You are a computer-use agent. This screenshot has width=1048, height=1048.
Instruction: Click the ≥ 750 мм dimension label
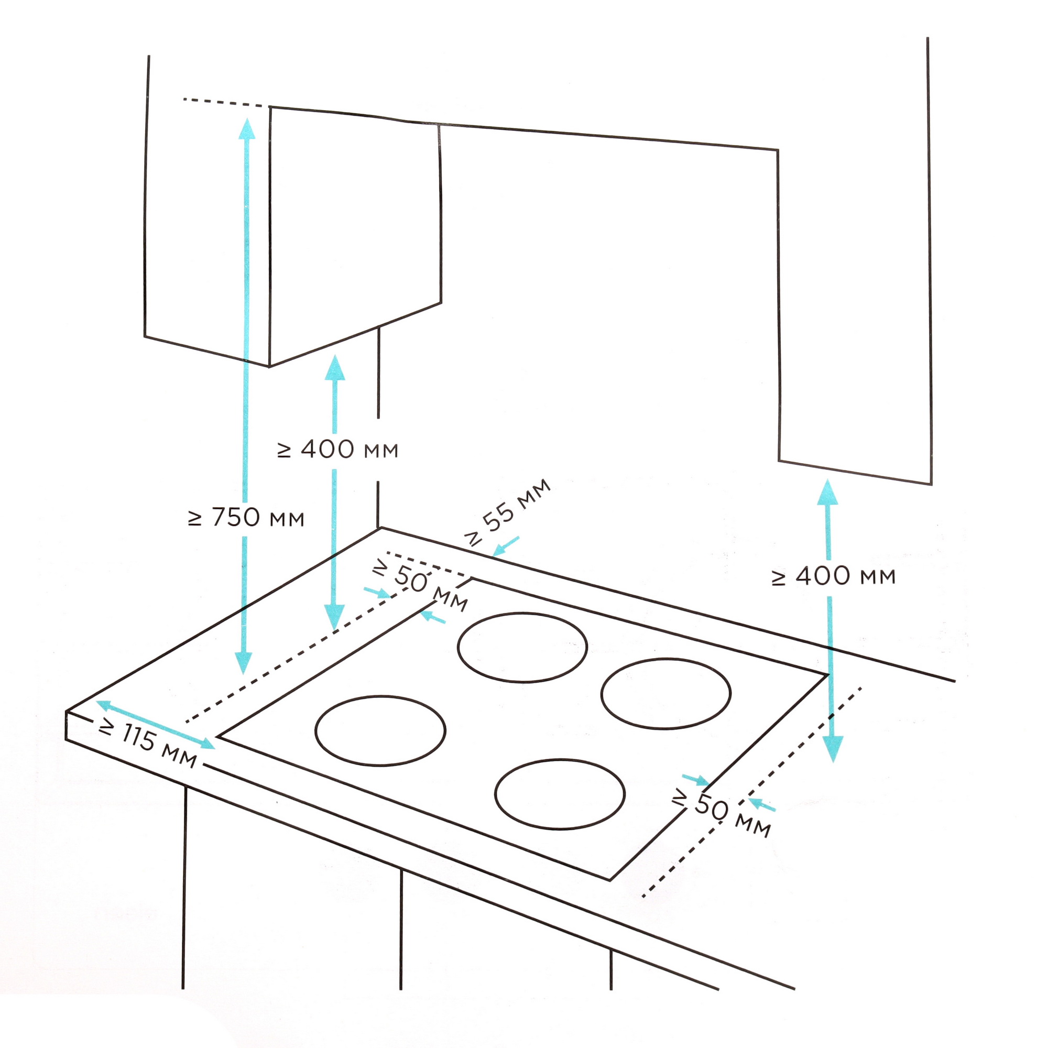[246, 518]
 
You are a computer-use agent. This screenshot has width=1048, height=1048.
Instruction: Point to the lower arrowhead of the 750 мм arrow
[244, 662]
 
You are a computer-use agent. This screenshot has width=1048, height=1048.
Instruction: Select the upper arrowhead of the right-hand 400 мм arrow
[827, 492]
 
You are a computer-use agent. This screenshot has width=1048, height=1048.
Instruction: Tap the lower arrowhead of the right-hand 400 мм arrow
[833, 749]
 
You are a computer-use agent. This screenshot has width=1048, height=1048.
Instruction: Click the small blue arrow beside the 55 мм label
[506, 546]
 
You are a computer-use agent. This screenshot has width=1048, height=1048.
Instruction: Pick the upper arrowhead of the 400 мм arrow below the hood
[335, 367]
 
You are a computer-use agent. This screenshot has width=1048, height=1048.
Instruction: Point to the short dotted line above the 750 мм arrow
[222, 102]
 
